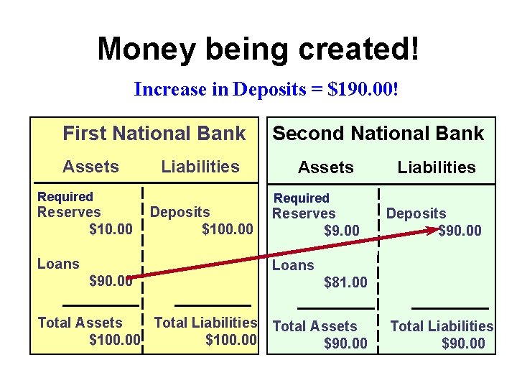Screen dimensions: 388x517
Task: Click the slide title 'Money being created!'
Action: tap(258, 49)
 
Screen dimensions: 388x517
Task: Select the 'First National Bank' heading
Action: tap(154, 134)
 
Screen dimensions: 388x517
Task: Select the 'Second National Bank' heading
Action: tap(378, 134)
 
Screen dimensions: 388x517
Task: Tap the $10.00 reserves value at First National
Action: tap(111, 229)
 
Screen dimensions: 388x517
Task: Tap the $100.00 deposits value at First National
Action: tap(228, 229)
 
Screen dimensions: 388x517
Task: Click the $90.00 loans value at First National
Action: tap(111, 281)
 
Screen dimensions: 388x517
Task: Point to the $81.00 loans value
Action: tap(345, 282)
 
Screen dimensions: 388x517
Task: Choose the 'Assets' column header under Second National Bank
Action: tap(326, 167)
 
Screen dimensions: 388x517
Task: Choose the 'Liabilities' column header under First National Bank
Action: tap(200, 167)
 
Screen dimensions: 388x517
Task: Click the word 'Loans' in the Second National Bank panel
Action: tap(293, 265)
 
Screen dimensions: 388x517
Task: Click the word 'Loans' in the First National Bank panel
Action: tap(58, 264)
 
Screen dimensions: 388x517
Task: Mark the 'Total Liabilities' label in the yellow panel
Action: tap(205, 323)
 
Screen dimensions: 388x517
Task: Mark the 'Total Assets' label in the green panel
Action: tap(315, 326)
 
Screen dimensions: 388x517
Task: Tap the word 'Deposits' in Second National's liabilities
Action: tap(416, 213)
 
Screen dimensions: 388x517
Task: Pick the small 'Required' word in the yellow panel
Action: tap(65, 197)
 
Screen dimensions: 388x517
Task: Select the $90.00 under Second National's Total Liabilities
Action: tap(463, 343)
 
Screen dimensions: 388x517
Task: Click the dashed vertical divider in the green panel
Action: tap(378, 273)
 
